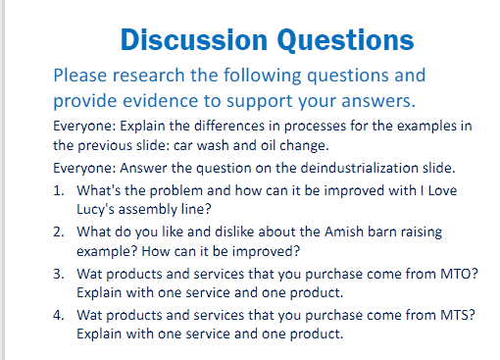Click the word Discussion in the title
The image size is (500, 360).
tap(194, 39)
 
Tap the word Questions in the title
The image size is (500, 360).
tap(345, 40)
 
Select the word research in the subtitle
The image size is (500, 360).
tap(149, 76)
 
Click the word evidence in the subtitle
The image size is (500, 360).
tap(161, 101)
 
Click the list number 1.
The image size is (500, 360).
tap(58, 190)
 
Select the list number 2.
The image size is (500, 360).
tap(59, 231)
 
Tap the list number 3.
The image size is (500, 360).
tap(59, 274)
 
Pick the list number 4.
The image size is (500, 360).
tap(59, 315)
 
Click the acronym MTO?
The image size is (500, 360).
tap(459, 274)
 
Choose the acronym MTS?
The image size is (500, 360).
tap(458, 315)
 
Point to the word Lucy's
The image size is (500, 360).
tap(95, 210)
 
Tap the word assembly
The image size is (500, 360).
tap(147, 210)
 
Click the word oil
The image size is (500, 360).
tap(268, 145)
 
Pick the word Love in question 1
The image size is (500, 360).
tap(442, 190)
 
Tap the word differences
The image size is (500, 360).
tap(229, 127)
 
